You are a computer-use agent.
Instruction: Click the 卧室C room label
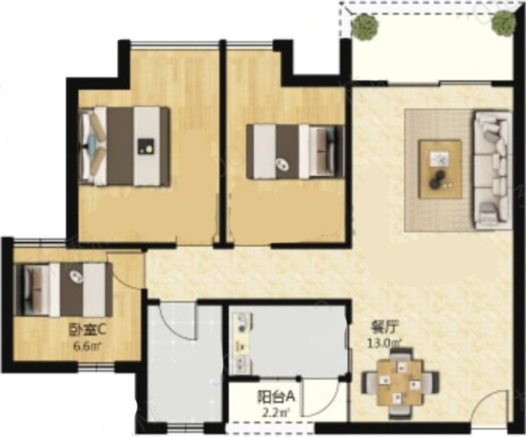click(x=88, y=331)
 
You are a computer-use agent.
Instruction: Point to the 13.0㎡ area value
click(x=384, y=343)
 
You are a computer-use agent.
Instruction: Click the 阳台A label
click(x=276, y=397)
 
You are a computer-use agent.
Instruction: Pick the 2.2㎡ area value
click(x=276, y=413)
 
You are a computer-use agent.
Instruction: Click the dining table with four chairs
click(x=400, y=382)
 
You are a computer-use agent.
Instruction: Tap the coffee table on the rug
click(x=440, y=170)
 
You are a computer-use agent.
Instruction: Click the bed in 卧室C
click(x=63, y=290)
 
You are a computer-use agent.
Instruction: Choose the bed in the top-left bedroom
click(x=123, y=147)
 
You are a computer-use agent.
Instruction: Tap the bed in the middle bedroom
click(x=295, y=152)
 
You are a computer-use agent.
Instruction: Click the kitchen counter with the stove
click(x=241, y=343)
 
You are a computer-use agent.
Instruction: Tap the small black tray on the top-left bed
click(x=146, y=147)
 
